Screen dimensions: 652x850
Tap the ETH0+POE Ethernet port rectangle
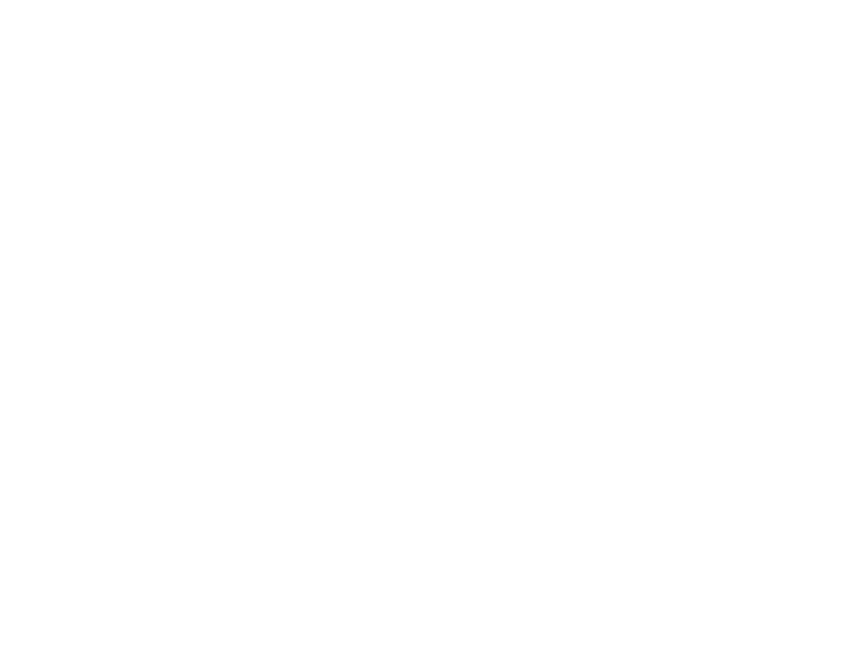tap(197, 171)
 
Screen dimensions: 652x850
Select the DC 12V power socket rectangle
tap(207, 534)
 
